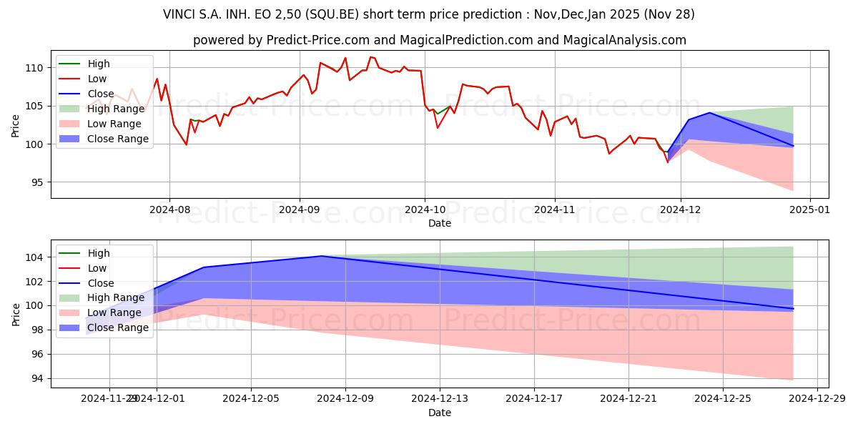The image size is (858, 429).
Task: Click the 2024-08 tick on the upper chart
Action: [169, 209]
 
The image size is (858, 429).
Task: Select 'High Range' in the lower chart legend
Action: [116, 297]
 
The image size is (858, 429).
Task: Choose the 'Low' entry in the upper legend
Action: [97, 79]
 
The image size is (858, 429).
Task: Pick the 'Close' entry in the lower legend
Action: [101, 283]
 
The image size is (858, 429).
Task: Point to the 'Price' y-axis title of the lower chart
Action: [16, 314]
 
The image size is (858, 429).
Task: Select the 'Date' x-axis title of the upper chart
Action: [439, 223]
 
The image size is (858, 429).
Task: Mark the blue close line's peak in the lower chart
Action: [322, 256]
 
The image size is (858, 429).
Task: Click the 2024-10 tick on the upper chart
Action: [425, 209]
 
